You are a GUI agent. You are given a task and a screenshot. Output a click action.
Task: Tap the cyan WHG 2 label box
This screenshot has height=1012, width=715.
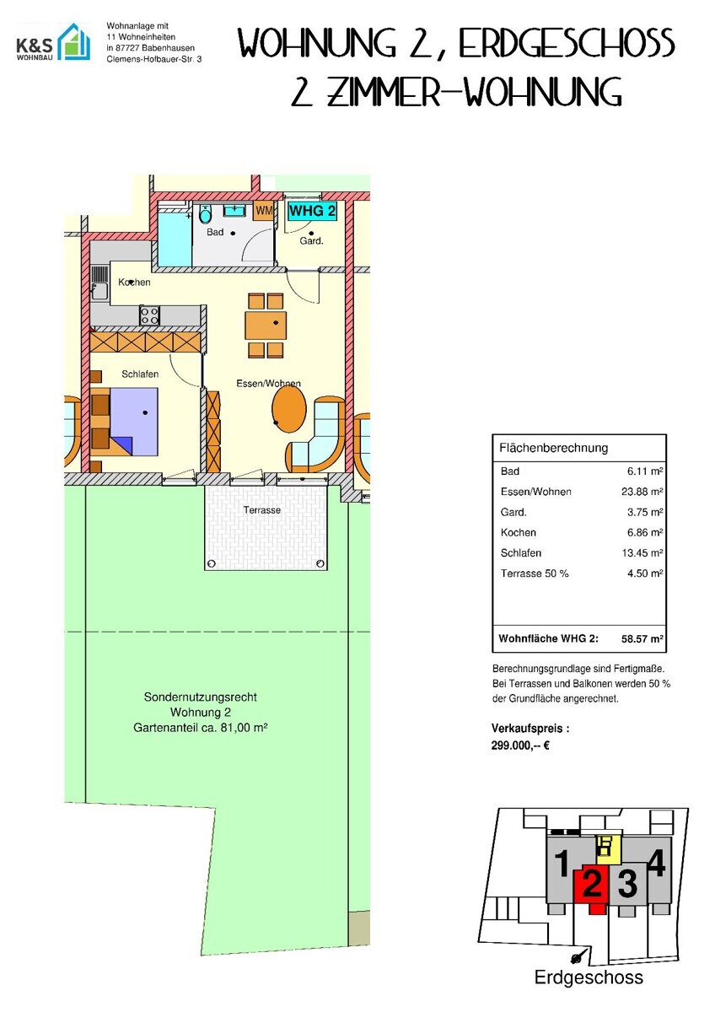313,211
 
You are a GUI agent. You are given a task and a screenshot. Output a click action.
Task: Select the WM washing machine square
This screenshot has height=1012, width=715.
264,211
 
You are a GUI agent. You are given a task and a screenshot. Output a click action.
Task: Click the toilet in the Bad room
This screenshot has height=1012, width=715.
205,214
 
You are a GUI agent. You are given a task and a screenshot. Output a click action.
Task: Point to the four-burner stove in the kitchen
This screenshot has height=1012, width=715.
149,315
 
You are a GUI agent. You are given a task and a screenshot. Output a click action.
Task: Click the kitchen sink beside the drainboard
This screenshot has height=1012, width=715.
99,290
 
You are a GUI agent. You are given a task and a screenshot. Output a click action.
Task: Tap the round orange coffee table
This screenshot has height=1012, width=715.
289,409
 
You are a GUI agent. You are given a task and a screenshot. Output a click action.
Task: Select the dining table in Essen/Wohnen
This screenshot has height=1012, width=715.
266,326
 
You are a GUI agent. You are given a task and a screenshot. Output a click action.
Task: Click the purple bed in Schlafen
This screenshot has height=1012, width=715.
134,421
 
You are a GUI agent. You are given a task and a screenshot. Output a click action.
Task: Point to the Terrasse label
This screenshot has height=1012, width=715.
262,510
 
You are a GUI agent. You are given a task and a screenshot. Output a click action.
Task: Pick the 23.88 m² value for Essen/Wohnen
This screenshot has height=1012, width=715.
642,492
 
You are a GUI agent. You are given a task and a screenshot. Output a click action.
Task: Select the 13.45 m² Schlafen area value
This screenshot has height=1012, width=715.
642,553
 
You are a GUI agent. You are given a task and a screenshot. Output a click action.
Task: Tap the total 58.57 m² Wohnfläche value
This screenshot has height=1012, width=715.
642,639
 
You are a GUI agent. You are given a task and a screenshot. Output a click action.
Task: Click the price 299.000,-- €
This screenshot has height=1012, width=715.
520,746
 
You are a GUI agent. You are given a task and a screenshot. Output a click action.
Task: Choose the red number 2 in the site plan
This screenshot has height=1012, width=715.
592,885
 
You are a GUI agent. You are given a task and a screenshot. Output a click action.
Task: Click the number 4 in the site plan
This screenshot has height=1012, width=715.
656,863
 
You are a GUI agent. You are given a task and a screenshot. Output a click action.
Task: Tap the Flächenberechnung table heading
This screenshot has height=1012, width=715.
553,448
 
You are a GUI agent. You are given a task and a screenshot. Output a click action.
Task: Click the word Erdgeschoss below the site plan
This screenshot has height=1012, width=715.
589,977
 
